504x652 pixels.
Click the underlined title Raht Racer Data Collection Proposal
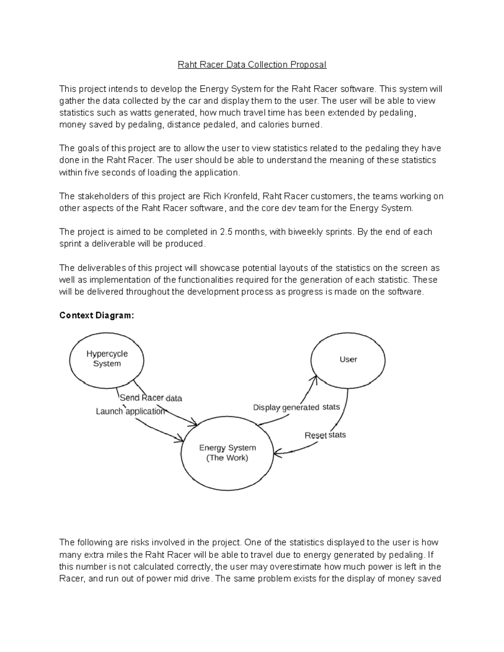coord(252,65)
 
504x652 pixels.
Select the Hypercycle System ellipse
coord(107,359)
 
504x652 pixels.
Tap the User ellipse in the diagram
coord(348,359)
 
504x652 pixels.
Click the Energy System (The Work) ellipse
coord(227,453)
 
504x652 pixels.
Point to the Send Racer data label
coord(151,398)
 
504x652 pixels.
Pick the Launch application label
coord(130,411)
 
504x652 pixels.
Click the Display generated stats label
coord(296,407)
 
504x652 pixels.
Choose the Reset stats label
coord(325,435)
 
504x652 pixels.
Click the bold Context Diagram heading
coord(97,315)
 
